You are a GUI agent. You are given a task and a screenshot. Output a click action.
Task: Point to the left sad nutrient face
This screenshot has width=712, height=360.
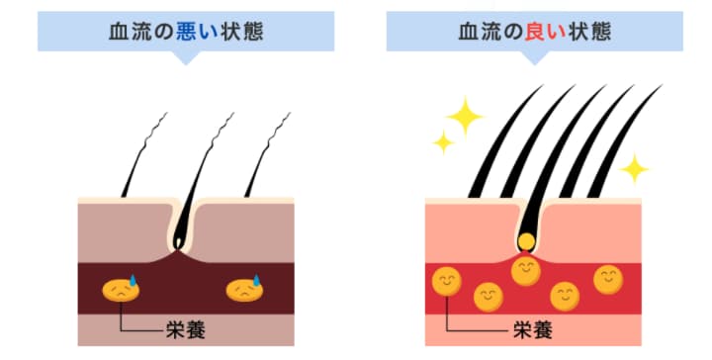tap(120, 290)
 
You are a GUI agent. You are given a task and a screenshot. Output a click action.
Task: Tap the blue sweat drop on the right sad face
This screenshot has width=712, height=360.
tap(255, 279)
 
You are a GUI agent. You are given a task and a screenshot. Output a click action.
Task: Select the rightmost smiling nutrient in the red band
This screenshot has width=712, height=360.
tap(607, 279)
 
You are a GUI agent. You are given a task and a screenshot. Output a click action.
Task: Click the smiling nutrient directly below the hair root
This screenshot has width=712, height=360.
tap(526, 269)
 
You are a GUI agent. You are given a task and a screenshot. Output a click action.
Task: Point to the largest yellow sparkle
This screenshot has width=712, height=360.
tap(464, 116)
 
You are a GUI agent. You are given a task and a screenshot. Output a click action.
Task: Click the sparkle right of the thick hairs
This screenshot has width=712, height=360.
tap(634, 168)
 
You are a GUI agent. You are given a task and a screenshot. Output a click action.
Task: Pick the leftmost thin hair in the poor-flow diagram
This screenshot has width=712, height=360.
tap(139, 158)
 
